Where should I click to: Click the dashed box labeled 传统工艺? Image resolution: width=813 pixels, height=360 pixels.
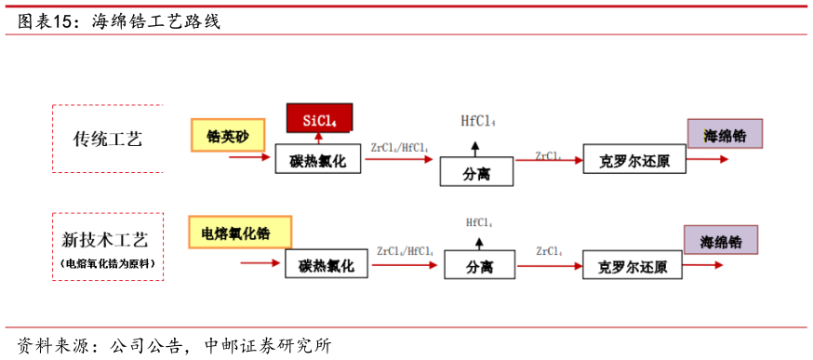[108, 139]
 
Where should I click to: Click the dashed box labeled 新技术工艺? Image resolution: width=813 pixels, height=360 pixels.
[108, 247]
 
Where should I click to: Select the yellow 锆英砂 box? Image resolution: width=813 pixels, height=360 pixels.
[227, 135]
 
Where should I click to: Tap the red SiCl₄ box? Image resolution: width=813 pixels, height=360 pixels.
[319, 118]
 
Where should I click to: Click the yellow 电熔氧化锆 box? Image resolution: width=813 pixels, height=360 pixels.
[240, 232]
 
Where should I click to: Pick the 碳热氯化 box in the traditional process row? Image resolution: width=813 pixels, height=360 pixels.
[317, 160]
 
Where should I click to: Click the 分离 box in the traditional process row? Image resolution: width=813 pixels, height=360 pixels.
[476, 172]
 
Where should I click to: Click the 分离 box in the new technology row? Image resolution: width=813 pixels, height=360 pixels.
[479, 265]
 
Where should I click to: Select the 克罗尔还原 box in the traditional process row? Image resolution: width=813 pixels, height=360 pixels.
[634, 159]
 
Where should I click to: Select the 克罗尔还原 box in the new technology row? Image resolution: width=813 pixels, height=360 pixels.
[634, 265]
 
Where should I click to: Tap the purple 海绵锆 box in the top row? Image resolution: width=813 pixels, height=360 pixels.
[725, 134]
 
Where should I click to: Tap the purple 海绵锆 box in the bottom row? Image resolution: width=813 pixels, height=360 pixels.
[721, 241]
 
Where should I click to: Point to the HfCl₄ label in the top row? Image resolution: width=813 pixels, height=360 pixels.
[478, 121]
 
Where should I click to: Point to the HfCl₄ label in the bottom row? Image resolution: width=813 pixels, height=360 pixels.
[479, 222]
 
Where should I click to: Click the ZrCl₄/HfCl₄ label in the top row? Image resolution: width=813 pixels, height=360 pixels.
[399, 147]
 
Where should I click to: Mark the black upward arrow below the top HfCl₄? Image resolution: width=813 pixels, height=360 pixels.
[475, 147]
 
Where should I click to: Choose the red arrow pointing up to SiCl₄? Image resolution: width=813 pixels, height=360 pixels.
[319, 139]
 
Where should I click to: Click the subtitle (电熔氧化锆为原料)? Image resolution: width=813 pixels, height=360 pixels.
[108, 264]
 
